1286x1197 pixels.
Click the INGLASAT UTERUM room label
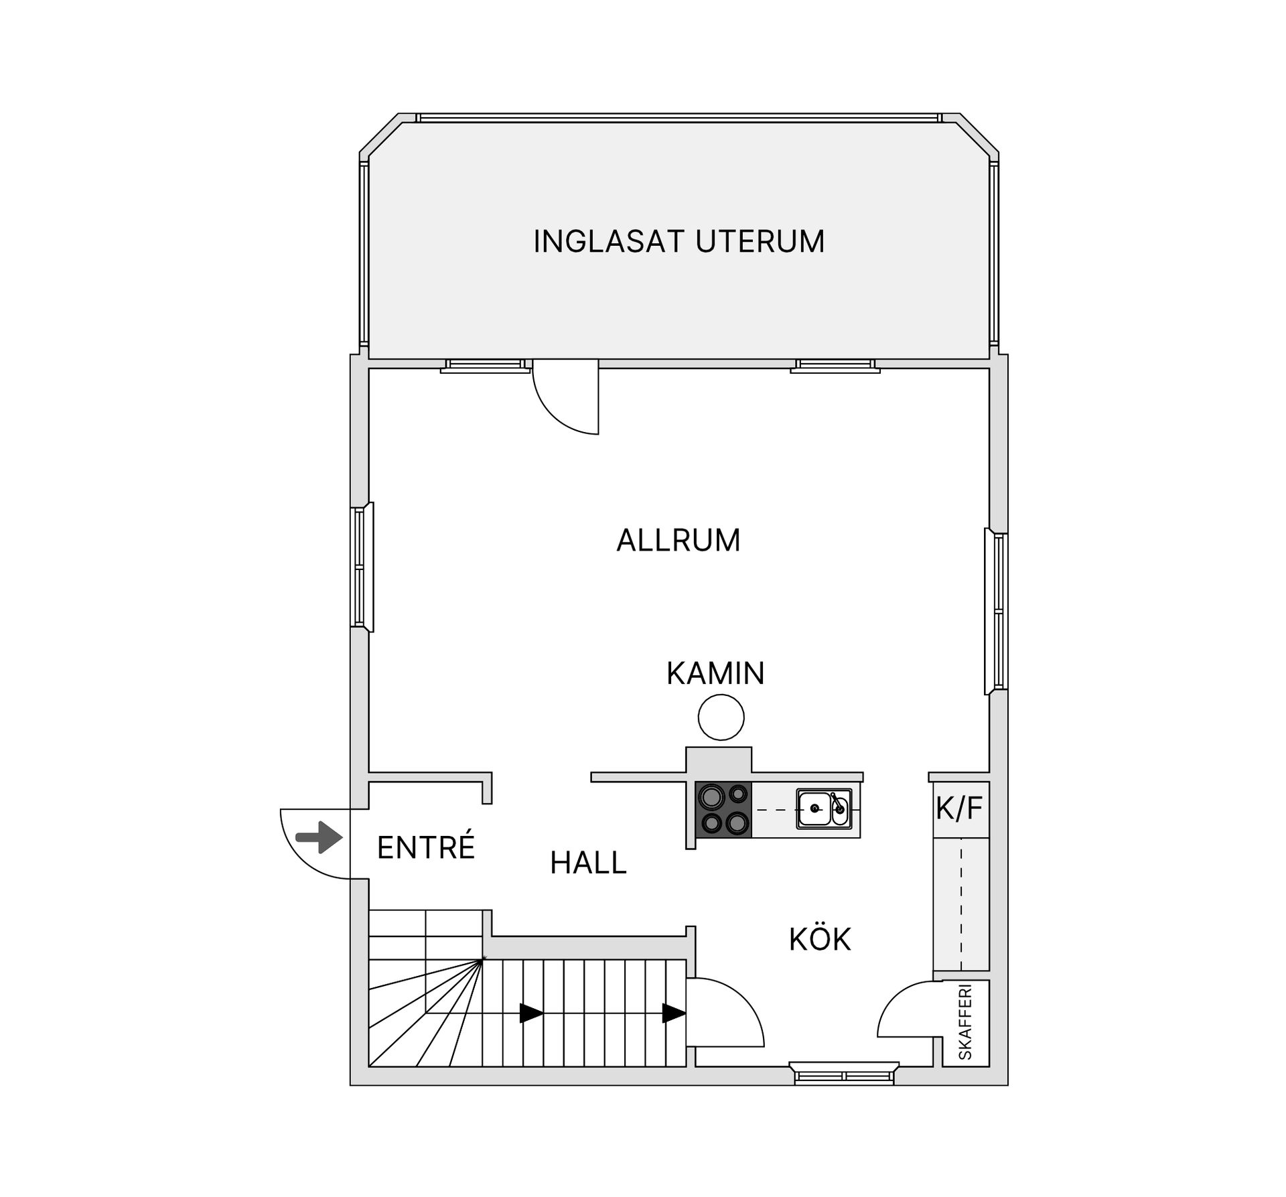[678, 242]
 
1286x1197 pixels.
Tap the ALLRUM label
[678, 541]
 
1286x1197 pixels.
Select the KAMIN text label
[715, 673]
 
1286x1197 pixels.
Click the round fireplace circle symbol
[721, 717]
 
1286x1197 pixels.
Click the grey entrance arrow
[319, 837]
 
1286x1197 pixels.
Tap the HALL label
[588, 863]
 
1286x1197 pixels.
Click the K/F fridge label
[959, 808]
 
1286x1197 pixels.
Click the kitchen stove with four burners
[724, 809]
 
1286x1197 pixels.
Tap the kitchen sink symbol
[823, 809]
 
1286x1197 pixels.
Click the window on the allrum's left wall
[362, 567]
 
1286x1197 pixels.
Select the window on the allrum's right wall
[997, 611]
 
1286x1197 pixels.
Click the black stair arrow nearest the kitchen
[674, 1013]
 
